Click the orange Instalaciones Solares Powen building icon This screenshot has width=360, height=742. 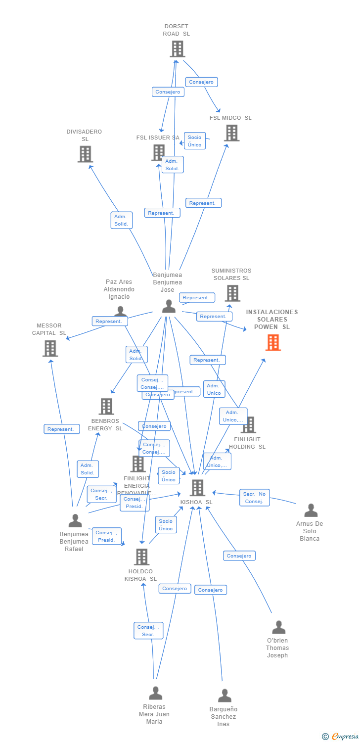[273, 342]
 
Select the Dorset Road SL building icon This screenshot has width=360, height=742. [178, 49]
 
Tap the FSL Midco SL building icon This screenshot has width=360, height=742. [231, 133]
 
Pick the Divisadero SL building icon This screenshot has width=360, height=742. [85, 154]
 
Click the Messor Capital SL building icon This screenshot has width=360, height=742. [50, 348]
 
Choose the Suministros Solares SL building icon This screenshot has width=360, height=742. [232, 293]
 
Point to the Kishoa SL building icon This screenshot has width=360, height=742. [197, 488]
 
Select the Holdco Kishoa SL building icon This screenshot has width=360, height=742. [141, 557]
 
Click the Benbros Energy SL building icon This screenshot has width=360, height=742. [106, 407]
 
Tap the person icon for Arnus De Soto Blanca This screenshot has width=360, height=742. [311, 510]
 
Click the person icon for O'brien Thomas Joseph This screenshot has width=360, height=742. [278, 627]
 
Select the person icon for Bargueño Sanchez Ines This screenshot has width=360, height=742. [225, 696]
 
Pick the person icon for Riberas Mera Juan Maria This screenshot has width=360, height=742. [155, 693]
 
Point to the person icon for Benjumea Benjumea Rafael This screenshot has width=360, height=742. [75, 520]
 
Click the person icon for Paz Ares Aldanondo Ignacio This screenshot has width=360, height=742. [120, 311]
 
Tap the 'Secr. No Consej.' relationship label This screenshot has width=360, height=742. [255, 498]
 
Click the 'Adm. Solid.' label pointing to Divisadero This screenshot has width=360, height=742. [121, 220]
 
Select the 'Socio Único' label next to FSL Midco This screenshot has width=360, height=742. [194, 141]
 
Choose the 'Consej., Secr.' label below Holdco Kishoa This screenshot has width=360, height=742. [148, 631]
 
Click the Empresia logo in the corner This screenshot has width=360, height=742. [341, 737]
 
